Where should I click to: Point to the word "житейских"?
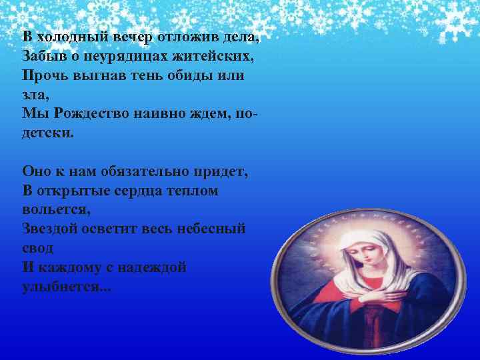pyautogui.click(x=207, y=56)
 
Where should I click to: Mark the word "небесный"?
pyautogui.click(x=211, y=229)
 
